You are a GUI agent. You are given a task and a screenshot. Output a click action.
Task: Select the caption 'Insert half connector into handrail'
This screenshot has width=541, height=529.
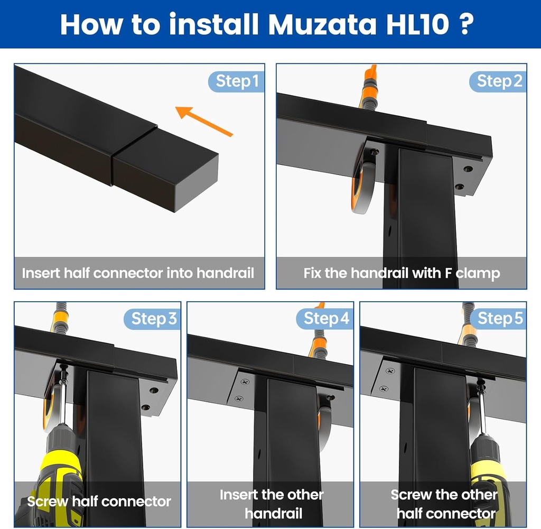(138, 273)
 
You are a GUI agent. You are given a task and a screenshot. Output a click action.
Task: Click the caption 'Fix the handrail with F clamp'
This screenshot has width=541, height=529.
(402, 273)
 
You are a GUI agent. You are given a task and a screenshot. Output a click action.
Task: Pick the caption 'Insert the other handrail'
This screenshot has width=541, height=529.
(271, 503)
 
